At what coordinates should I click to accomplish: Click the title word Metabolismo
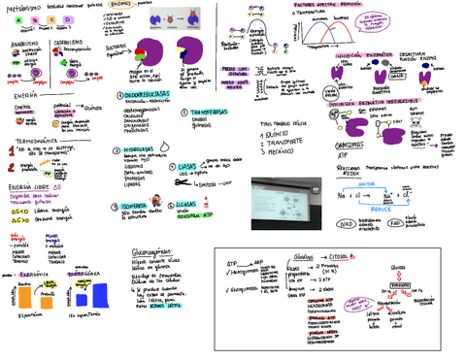pyautogui.click(x=23, y=8)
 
